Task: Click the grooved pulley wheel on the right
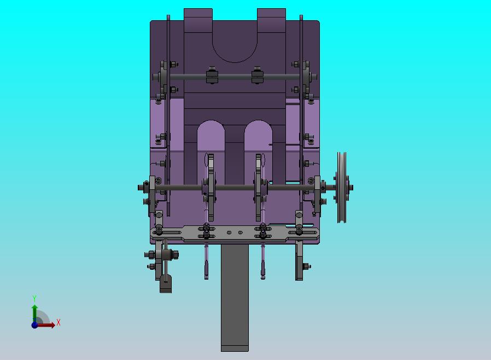pyautogui.click(x=342, y=187)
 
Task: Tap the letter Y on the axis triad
pyautogui.click(x=34, y=298)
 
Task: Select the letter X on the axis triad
pyautogui.click(x=59, y=322)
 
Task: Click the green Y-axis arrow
pyautogui.click(x=35, y=313)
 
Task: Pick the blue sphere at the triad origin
pyautogui.click(x=34, y=325)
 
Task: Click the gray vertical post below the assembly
pyautogui.click(x=235, y=298)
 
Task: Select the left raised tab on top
pyautogui.click(x=198, y=20)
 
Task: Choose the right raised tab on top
pyautogui.click(x=271, y=20)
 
